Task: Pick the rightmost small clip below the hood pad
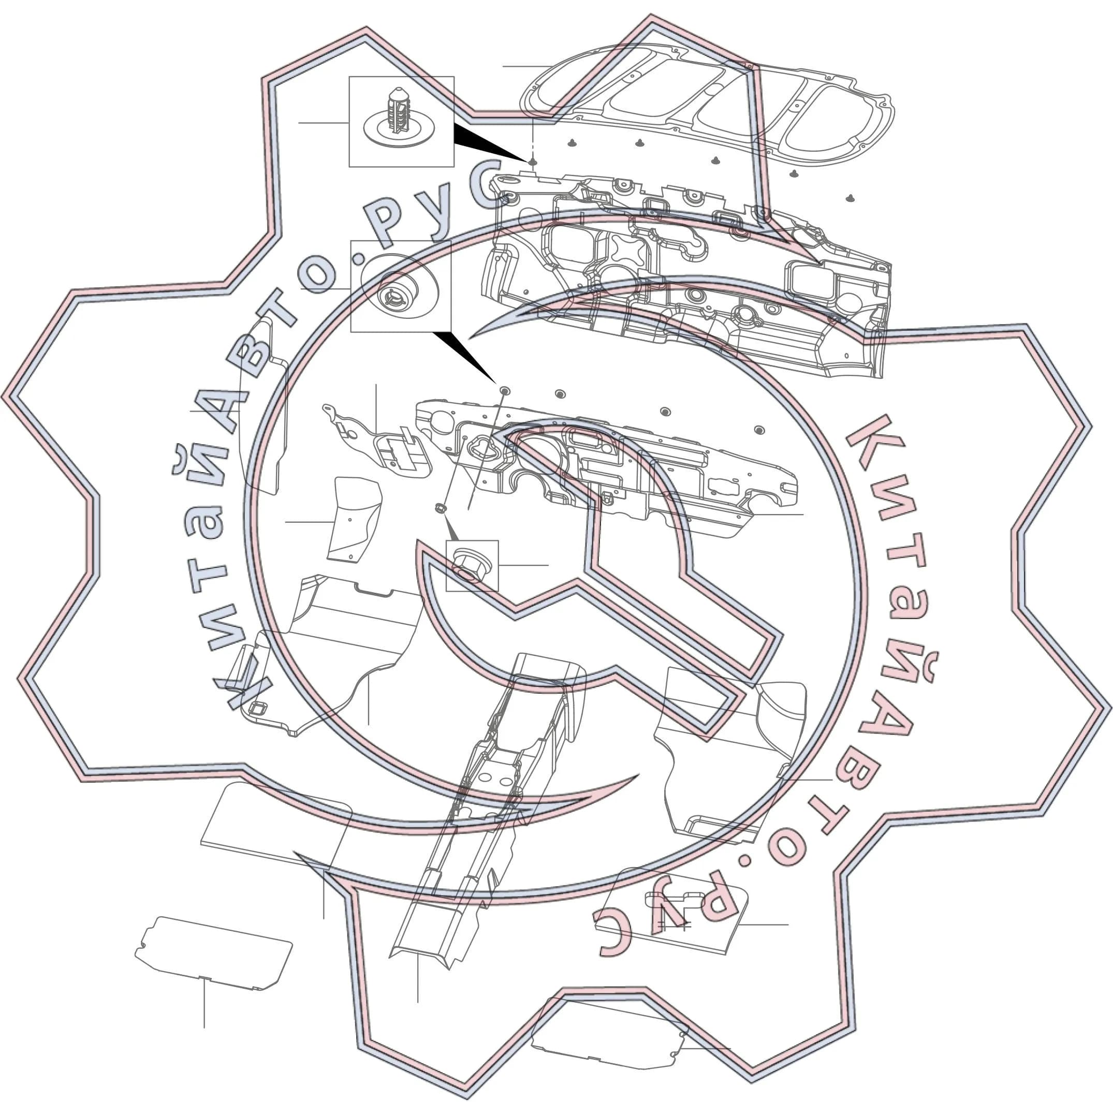tap(850, 198)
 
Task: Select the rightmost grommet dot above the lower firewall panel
tap(759, 430)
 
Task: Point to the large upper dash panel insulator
tap(685, 276)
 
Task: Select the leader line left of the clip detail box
tap(323, 123)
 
